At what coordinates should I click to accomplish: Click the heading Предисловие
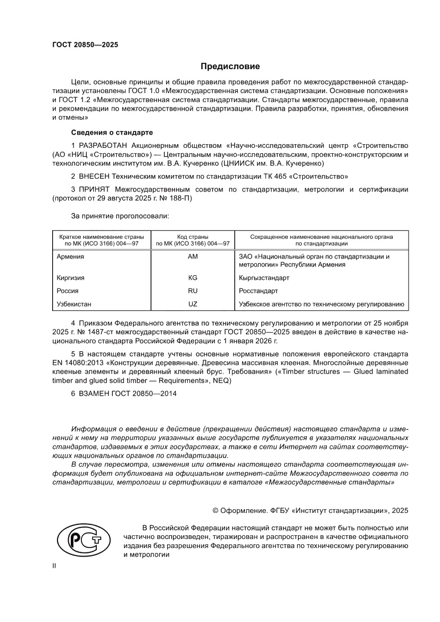230,67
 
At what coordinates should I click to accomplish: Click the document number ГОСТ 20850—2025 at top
85,45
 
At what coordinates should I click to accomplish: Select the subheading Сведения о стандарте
112,131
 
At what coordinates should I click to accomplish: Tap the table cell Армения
70,256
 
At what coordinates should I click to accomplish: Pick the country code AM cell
192,256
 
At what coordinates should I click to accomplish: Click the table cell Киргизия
71,278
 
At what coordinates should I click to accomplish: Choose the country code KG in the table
192,278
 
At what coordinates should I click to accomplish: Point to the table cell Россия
68,291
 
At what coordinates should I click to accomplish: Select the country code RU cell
192,291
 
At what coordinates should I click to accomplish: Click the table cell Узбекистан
74,304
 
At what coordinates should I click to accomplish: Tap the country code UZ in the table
192,304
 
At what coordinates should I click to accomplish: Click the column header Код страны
192,236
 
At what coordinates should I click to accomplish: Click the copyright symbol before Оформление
215,510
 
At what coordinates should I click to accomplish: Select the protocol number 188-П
180,198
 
